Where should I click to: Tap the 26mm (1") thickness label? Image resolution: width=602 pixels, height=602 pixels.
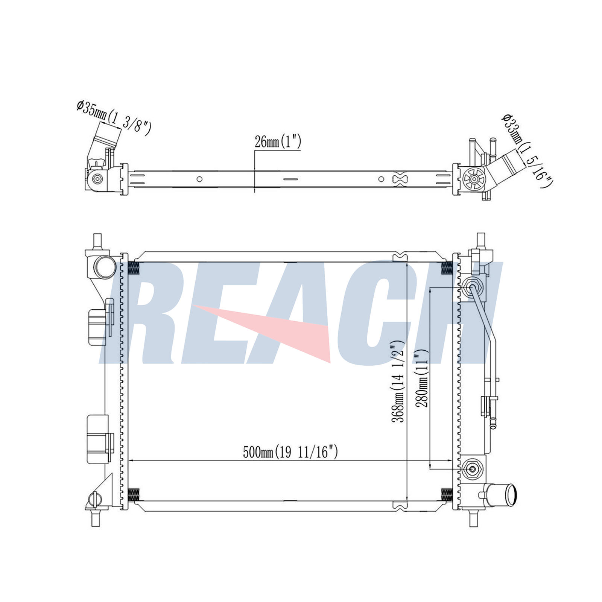click(278, 142)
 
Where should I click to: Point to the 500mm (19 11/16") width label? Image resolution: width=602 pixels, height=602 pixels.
click(290, 452)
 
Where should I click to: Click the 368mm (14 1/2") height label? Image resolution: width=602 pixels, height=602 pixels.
click(398, 380)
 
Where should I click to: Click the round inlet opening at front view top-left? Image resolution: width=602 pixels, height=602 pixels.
click(105, 266)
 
